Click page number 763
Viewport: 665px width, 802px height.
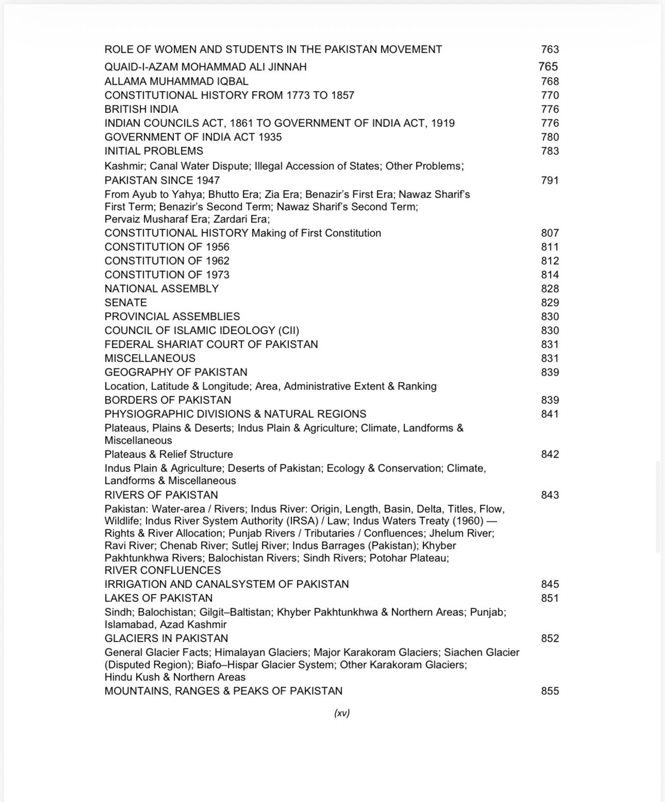click(x=550, y=50)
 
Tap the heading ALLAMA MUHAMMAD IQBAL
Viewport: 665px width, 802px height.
click(x=176, y=81)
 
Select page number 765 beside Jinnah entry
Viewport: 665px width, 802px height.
click(x=548, y=67)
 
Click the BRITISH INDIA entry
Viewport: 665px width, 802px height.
click(x=141, y=109)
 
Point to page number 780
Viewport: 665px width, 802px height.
click(x=550, y=137)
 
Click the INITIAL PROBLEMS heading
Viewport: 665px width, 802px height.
click(x=154, y=151)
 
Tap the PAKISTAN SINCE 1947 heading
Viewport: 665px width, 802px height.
click(x=162, y=181)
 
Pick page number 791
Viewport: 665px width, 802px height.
click(x=550, y=181)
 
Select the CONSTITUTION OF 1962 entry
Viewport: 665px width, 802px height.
click(x=167, y=261)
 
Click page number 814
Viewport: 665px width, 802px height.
click(x=550, y=275)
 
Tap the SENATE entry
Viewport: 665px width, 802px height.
click(x=126, y=303)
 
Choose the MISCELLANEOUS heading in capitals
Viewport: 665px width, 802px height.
click(x=150, y=358)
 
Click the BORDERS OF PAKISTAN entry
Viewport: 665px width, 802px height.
click(x=168, y=400)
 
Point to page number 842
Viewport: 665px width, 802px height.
click(x=550, y=454)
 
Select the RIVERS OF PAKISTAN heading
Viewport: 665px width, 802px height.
click(x=161, y=495)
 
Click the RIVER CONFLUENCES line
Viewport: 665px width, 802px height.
click(x=162, y=570)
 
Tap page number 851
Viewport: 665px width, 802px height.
click(x=550, y=598)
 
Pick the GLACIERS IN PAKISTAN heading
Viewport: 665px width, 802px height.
click(x=166, y=639)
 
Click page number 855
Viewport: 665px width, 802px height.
click(x=550, y=691)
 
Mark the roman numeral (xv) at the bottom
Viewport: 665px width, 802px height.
click(x=342, y=713)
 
